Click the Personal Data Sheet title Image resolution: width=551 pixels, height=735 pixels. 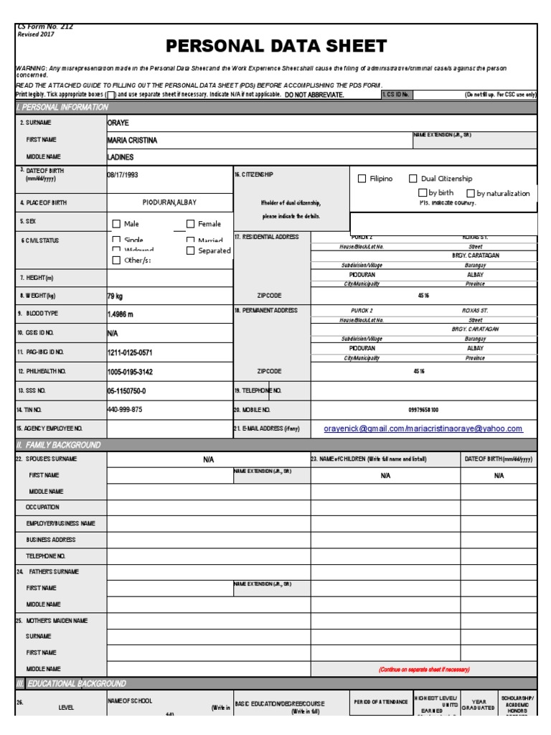pyautogui.click(x=276, y=47)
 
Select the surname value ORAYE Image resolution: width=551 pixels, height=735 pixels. pyautogui.click(x=118, y=123)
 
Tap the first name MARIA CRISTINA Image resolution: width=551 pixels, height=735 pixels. pyautogui.click(x=132, y=140)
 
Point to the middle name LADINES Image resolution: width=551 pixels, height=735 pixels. pyautogui.click(x=121, y=156)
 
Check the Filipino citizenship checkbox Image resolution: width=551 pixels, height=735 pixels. pyautogui.click(x=362, y=179)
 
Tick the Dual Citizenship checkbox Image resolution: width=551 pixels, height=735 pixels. pyautogui.click(x=413, y=179)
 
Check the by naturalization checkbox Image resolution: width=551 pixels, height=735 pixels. pyautogui.click(x=470, y=193)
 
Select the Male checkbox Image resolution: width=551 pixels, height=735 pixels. pyautogui.click(x=116, y=224)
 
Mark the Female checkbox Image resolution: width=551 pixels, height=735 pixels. pyautogui.click(x=191, y=224)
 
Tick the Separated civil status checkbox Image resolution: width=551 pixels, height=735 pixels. pyautogui.click(x=191, y=251)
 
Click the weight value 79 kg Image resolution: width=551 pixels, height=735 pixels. pyautogui.click(x=115, y=296)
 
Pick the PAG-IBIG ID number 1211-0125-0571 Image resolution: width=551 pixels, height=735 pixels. pyautogui.click(x=130, y=352)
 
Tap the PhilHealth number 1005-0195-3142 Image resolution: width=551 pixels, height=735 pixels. pyautogui.click(x=130, y=372)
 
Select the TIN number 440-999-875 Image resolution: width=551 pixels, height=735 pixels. pyautogui.click(x=125, y=409)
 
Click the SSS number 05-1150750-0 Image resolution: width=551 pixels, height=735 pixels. pyautogui.click(x=126, y=390)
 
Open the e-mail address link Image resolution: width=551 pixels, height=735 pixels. pyautogui.click(x=423, y=429)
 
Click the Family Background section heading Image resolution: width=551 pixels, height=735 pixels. pyautogui.click(x=59, y=445)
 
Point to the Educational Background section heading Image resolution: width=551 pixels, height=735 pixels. pyautogui.click(x=72, y=683)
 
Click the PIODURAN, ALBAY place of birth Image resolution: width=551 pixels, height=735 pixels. pyautogui.click(x=169, y=202)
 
